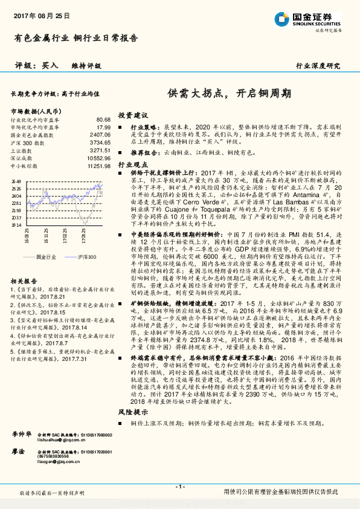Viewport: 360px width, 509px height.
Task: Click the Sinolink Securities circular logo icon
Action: (281, 18)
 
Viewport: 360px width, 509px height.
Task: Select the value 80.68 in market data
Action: (103, 120)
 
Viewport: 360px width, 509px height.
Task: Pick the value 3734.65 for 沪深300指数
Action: (100, 142)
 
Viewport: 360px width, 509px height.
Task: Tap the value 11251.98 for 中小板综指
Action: (98, 165)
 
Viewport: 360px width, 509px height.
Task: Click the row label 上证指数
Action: (22, 150)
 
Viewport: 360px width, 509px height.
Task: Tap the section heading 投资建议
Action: (132, 115)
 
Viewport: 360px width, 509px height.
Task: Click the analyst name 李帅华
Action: (22, 435)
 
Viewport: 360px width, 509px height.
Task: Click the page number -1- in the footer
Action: (179, 487)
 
